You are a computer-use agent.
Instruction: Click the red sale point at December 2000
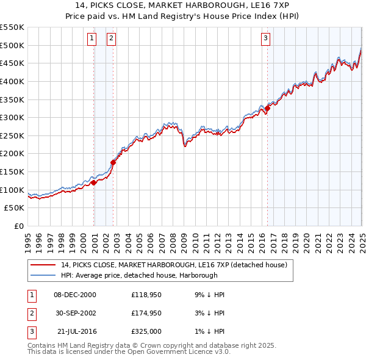[x=93, y=182]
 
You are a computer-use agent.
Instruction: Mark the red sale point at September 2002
[x=113, y=162]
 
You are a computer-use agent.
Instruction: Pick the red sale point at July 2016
[x=267, y=108]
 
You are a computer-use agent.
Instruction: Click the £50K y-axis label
[x=15, y=208]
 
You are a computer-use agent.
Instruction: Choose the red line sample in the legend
[x=43, y=265]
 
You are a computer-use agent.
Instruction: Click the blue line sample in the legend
[x=43, y=275]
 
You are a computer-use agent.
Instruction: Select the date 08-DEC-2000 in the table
[x=75, y=294]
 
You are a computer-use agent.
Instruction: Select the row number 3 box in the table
[x=30, y=332]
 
